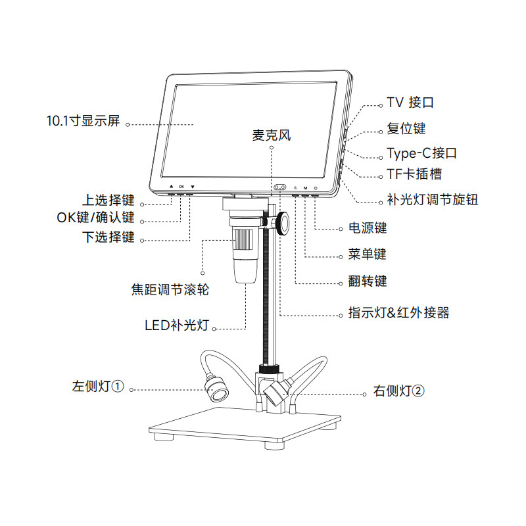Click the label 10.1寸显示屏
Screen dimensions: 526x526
pyautogui.click(x=84, y=122)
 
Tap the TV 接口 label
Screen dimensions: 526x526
pyautogui.click(x=410, y=103)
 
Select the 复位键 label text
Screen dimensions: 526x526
pyautogui.click(x=406, y=128)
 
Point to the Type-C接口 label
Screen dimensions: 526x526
pyautogui.click(x=421, y=154)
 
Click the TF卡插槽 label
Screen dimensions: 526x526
pyautogui.click(x=414, y=174)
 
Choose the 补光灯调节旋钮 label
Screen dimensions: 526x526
pyautogui.click(x=432, y=199)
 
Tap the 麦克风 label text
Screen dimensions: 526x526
pyautogui.click(x=271, y=136)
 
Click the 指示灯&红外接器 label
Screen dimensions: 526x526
pyautogui.click(x=398, y=313)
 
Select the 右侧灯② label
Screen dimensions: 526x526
pyautogui.click(x=399, y=391)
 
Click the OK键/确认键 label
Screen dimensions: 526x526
pyautogui.click(x=95, y=218)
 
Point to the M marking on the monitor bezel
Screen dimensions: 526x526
pyautogui.click(x=305, y=187)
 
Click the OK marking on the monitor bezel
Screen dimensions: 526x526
pyautogui.click(x=181, y=187)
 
